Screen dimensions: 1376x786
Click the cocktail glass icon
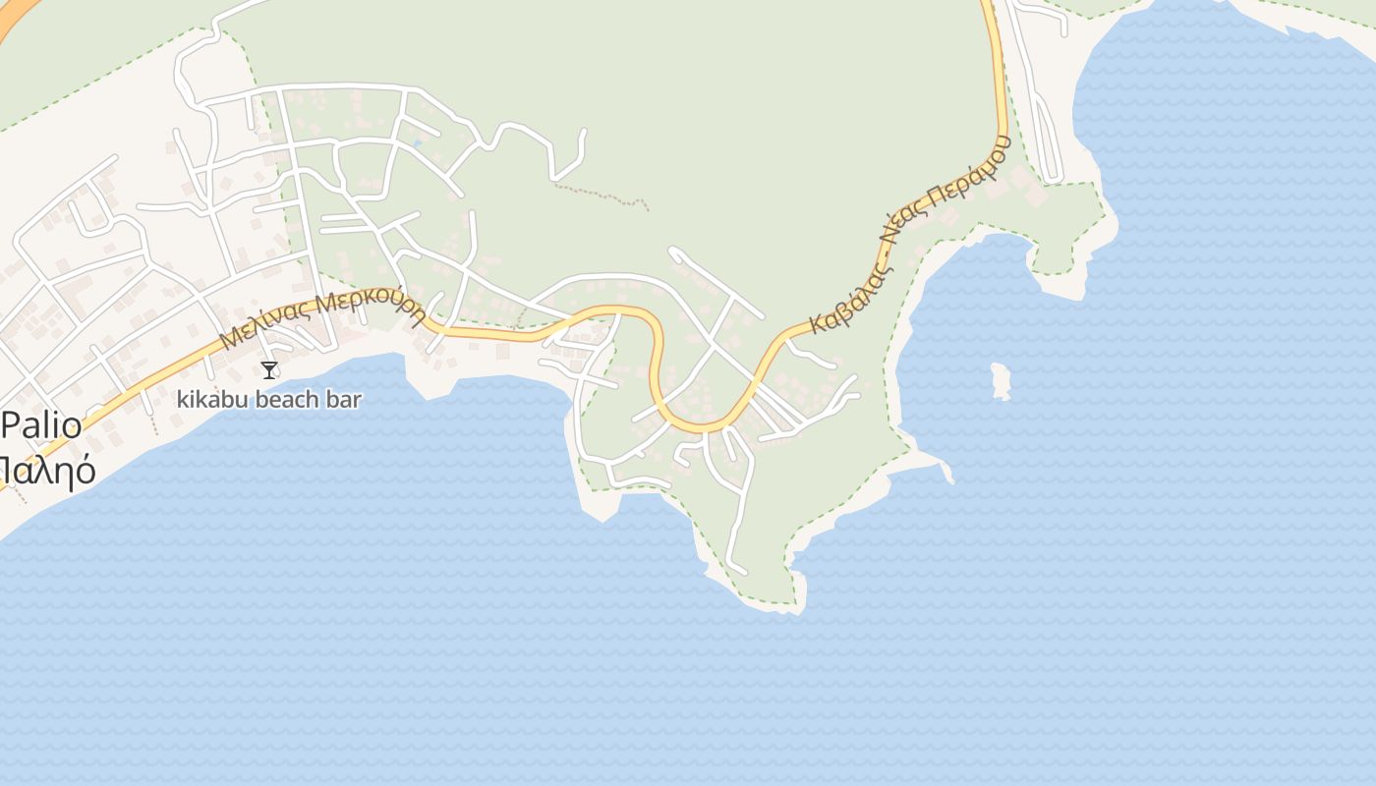pos(269,370)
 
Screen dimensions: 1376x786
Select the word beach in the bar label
pos(291,400)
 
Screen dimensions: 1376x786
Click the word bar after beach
pos(346,400)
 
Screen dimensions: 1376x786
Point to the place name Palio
pos(41,426)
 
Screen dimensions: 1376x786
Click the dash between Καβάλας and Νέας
pos(879,254)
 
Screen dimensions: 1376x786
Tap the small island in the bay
pos(1001,381)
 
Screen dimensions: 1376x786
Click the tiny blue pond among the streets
pos(417,144)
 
